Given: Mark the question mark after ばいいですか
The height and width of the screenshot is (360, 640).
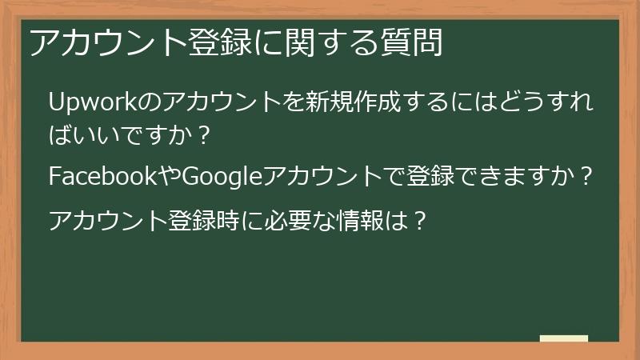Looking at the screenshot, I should coord(203,134).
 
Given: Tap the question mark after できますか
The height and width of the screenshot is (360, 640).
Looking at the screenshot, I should coord(588,176).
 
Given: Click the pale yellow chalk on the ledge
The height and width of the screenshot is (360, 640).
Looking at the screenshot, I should coord(563,338).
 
